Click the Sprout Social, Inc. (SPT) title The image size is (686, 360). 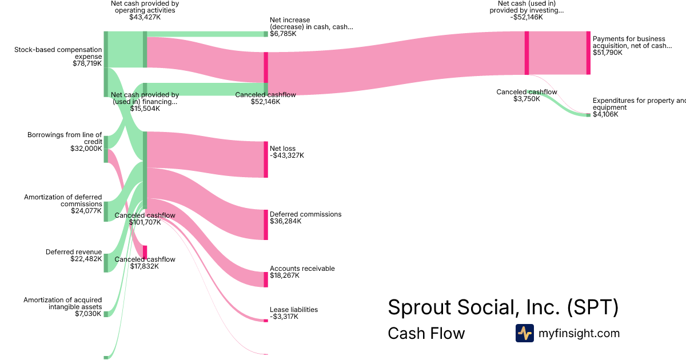click(503, 307)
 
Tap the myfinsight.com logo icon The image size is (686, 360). click(524, 333)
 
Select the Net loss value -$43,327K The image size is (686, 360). click(287, 155)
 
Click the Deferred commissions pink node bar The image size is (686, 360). click(266, 224)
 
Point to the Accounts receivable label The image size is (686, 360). click(302, 269)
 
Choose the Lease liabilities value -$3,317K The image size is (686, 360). click(284, 317)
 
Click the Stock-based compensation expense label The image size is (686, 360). click(58, 53)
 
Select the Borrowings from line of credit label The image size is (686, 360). click(65, 138)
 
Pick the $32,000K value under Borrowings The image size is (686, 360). click(86, 148)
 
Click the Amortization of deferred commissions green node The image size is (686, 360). click(106, 211)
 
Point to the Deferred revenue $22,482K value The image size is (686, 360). click(86, 259)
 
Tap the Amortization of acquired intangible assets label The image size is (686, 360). click(63, 303)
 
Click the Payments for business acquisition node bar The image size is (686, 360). click(588, 53)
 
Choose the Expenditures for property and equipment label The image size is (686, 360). click(639, 103)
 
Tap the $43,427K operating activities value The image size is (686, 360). click(145, 17)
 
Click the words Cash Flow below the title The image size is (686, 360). click(426, 333)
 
